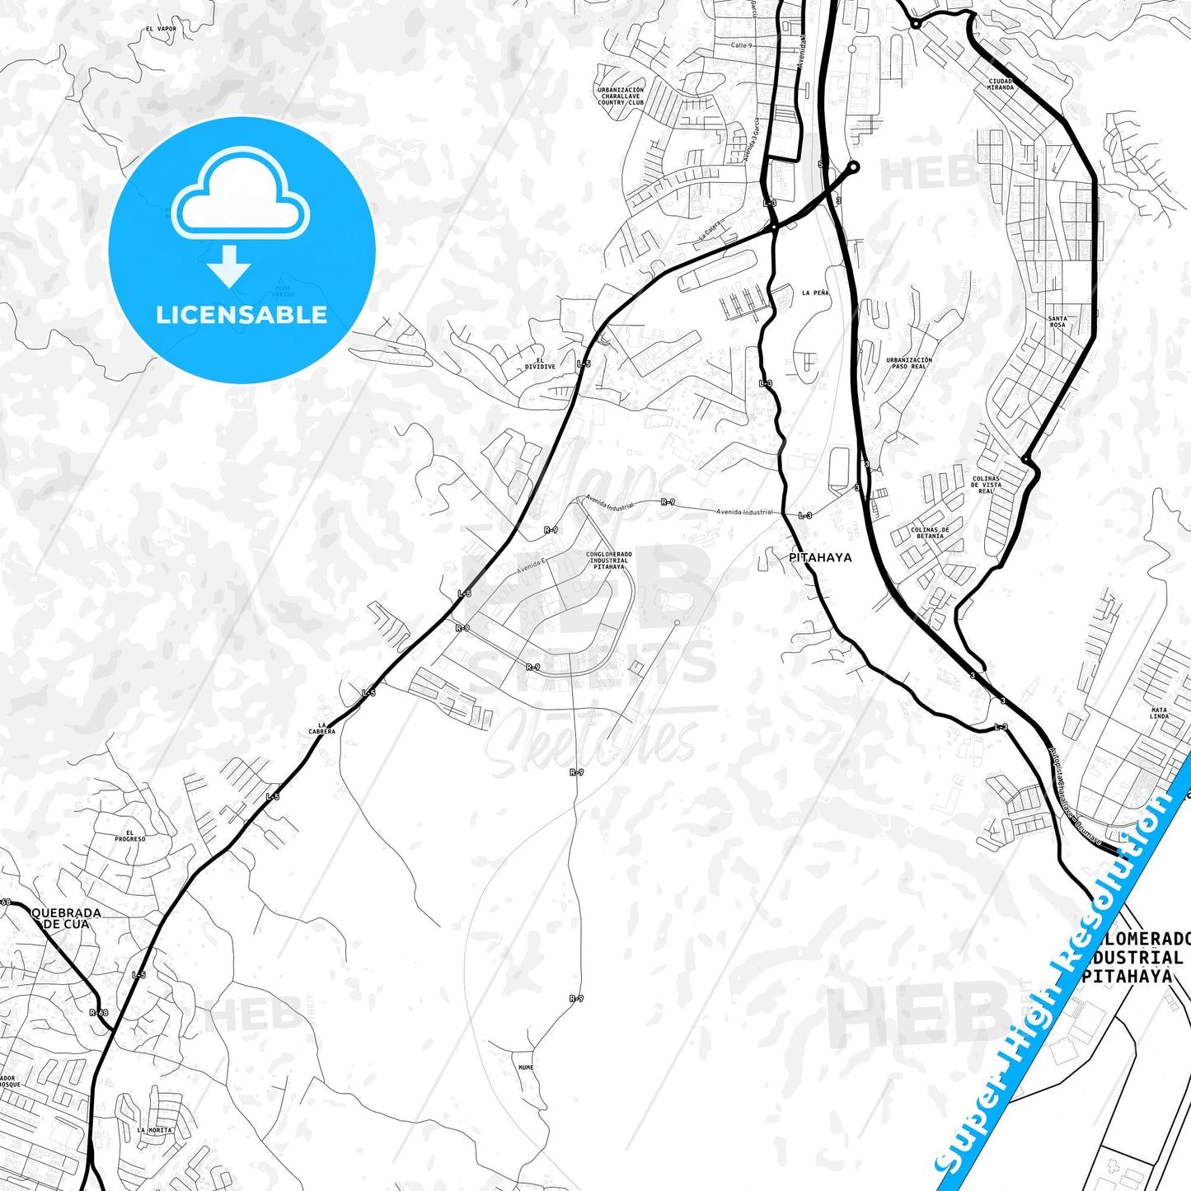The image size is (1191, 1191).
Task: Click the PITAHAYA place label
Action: [x=820, y=558]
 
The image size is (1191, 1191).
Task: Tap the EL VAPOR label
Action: [x=161, y=29]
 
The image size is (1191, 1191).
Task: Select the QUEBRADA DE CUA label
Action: [x=66, y=918]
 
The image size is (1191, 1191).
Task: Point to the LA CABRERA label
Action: [x=321, y=729]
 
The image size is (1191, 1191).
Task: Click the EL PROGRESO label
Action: [x=130, y=836]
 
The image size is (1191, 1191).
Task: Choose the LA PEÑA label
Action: [x=815, y=293]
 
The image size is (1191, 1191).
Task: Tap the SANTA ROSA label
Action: [x=1057, y=321]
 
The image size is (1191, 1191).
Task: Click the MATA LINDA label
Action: [x=1159, y=712]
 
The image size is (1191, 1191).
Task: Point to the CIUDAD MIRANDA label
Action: [x=1001, y=84]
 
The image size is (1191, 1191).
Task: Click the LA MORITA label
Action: [x=155, y=1130]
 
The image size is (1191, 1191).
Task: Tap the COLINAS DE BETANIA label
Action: [x=930, y=532]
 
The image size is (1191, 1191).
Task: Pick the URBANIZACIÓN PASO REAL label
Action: [x=909, y=363]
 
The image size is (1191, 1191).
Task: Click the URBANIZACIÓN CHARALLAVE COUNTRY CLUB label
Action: [x=621, y=96]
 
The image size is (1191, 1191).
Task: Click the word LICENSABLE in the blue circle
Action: [x=241, y=315]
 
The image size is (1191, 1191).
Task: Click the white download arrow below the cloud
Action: [x=229, y=266]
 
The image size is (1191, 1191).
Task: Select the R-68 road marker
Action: [x=98, y=1012]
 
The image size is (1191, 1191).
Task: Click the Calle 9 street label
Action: [x=741, y=45]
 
